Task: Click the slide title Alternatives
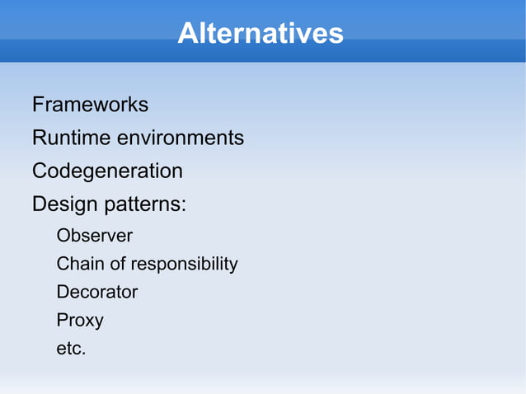coord(260,34)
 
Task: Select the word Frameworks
coord(90,105)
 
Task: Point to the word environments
coord(180,138)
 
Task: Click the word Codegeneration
coord(107,171)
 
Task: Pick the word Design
coord(63,204)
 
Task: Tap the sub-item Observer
coord(94,236)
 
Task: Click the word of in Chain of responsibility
coord(115,264)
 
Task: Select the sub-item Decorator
coord(96,292)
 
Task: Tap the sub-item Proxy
coord(79,321)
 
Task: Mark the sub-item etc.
coord(71,349)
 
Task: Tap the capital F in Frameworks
coord(38,105)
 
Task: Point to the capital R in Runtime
coord(39,138)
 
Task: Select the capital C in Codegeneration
coord(40,171)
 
